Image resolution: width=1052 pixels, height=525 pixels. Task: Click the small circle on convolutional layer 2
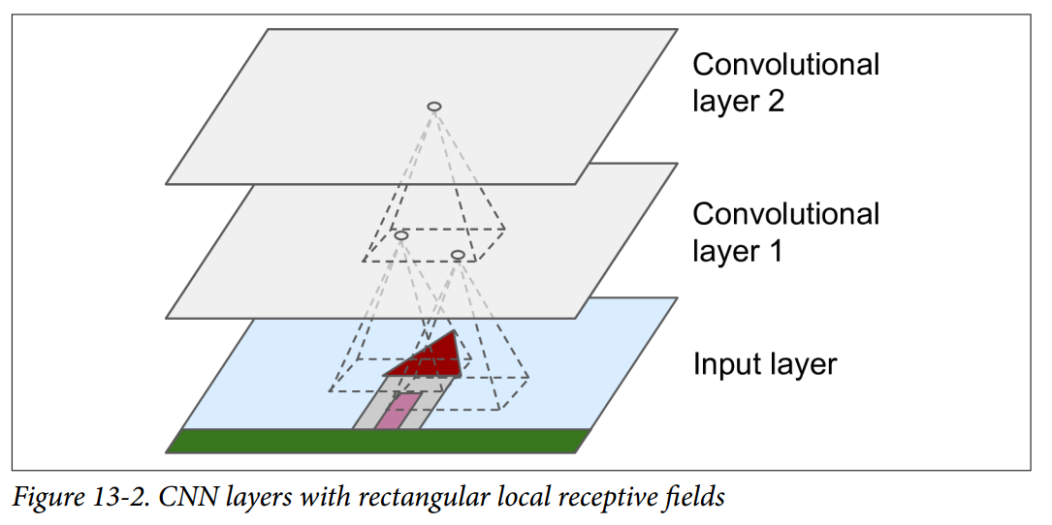point(434,106)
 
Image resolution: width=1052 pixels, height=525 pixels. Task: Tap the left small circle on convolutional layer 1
point(401,235)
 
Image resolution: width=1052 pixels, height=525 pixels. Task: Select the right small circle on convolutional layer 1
point(458,255)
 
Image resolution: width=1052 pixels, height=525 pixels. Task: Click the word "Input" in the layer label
point(727,365)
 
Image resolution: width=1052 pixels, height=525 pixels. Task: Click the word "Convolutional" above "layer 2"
point(785,65)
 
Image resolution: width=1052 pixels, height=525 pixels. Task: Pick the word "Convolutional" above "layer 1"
point(785,214)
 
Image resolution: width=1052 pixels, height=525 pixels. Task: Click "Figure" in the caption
point(43,498)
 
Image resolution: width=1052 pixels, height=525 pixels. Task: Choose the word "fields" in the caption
point(696,498)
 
